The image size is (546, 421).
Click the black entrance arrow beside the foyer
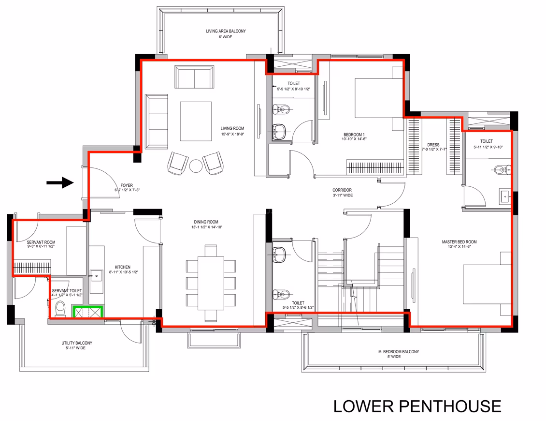pyautogui.click(x=60, y=182)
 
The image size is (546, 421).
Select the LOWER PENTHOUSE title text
pyautogui.click(x=417, y=406)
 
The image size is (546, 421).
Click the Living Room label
pyautogui.click(x=232, y=128)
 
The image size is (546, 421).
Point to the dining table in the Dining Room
pyautogui.click(x=211, y=283)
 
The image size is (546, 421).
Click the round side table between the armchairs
pyautogui.click(x=196, y=165)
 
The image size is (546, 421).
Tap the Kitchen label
pyautogui.click(x=123, y=267)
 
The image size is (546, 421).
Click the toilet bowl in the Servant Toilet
pyautogui.click(x=60, y=309)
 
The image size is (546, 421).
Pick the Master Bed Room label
pyautogui.click(x=460, y=242)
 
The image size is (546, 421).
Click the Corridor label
pyautogui.click(x=342, y=190)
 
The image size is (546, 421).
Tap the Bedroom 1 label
pyautogui.click(x=354, y=135)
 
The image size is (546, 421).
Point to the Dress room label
pyautogui.click(x=433, y=145)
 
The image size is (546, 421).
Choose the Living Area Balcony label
pyautogui.click(x=226, y=31)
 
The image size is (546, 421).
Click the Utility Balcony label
pyautogui.click(x=77, y=343)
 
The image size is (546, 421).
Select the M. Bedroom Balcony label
pyautogui.click(x=399, y=352)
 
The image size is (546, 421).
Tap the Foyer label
pyautogui.click(x=127, y=185)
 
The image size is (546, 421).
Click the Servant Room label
pyautogui.click(x=41, y=242)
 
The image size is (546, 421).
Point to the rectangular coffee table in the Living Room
pyautogui.click(x=196, y=121)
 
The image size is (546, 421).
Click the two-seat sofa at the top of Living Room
pyautogui.click(x=194, y=77)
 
